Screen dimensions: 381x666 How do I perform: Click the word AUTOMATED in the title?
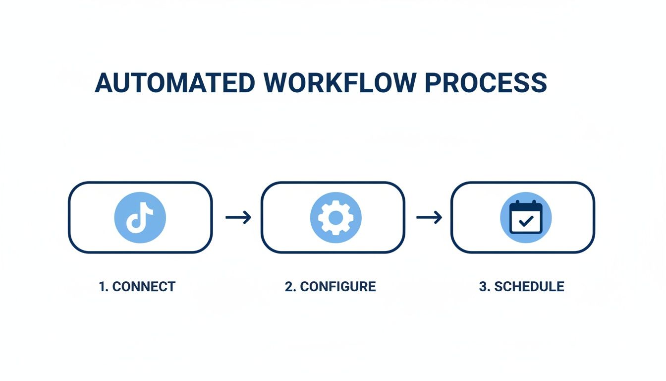[175, 83]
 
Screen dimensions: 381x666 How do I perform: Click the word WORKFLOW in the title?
[340, 83]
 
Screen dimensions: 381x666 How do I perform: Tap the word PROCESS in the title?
[486, 83]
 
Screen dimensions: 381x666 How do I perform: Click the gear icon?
[335, 217]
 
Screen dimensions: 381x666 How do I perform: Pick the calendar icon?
[526, 217]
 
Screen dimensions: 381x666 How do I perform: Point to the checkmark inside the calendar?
[526, 222]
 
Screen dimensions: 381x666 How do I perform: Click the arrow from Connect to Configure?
[238, 217]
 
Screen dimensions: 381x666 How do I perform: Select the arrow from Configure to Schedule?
[429, 217]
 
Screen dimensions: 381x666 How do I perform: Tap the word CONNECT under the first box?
[144, 286]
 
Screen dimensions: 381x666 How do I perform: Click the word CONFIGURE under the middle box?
[338, 286]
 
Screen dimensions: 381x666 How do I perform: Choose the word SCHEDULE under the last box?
[529, 286]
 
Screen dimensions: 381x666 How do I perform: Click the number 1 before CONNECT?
[103, 286]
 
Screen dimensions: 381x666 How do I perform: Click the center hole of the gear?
[335, 217]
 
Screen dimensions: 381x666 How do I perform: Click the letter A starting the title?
[104, 83]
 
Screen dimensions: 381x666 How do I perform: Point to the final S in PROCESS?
[539, 83]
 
